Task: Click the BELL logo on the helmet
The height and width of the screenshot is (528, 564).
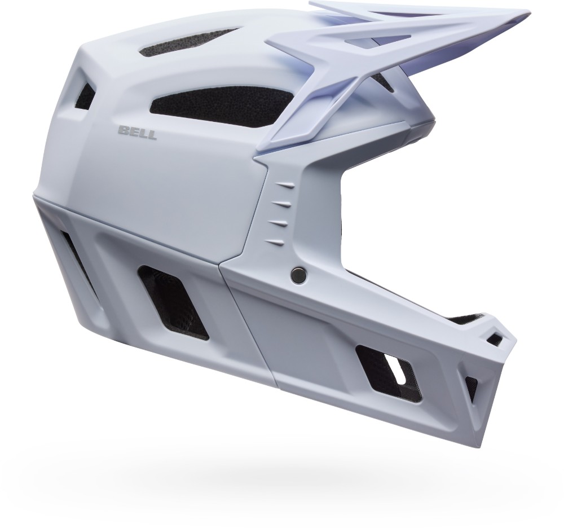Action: [x=137, y=133]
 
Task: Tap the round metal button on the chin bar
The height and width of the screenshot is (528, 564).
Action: [x=298, y=275]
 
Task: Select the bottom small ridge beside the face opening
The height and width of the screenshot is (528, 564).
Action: [x=276, y=241]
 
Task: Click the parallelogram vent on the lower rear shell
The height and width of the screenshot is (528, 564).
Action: [x=173, y=302]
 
